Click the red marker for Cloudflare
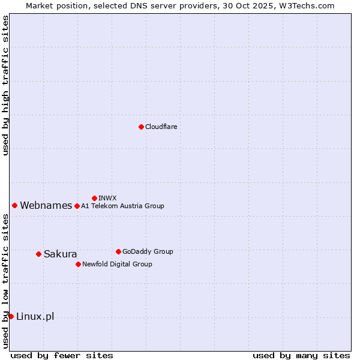(x=141, y=127)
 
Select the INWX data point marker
(x=94, y=198)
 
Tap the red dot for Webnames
(x=14, y=205)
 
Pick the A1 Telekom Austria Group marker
(x=77, y=206)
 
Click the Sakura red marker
(x=38, y=254)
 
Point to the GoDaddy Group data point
(x=118, y=251)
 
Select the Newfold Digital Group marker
(x=78, y=264)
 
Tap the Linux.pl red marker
(x=11, y=316)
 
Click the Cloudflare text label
(x=161, y=127)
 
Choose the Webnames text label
(x=46, y=206)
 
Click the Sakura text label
(x=60, y=254)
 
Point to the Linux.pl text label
(x=35, y=317)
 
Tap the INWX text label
(x=107, y=198)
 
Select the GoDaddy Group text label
(x=147, y=251)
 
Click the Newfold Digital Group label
(x=117, y=264)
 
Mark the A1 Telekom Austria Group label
(x=122, y=206)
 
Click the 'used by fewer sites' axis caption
(x=62, y=355)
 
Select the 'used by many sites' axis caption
(x=301, y=355)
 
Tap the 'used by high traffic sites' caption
(x=6, y=85)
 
